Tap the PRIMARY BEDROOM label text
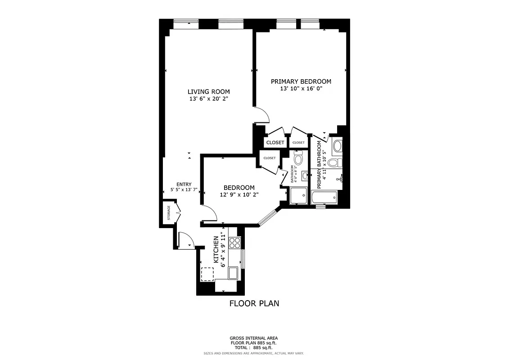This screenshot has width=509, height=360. pos(301,81)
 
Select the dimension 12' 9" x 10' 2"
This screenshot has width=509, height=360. pos(239,194)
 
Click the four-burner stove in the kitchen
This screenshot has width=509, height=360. pos(235,243)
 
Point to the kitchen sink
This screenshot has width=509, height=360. pos(233,273)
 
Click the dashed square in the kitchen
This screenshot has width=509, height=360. pos(207,274)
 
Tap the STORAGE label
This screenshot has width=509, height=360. pos(169,212)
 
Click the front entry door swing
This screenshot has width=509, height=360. pos(185,239)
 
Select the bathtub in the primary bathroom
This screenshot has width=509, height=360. pos(324,197)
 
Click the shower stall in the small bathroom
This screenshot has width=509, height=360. pos(298,195)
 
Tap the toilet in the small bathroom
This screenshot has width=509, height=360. pos(298,158)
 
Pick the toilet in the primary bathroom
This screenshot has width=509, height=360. pos(335,162)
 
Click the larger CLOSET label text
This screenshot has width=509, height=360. pos(275,142)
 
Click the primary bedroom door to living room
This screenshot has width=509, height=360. pos(261,115)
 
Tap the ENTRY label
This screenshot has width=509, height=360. pos(184,184)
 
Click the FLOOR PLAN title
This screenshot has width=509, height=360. pos(254,303)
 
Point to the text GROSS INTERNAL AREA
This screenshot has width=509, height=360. pos(254,338)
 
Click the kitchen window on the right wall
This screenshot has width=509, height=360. pos(243,259)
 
